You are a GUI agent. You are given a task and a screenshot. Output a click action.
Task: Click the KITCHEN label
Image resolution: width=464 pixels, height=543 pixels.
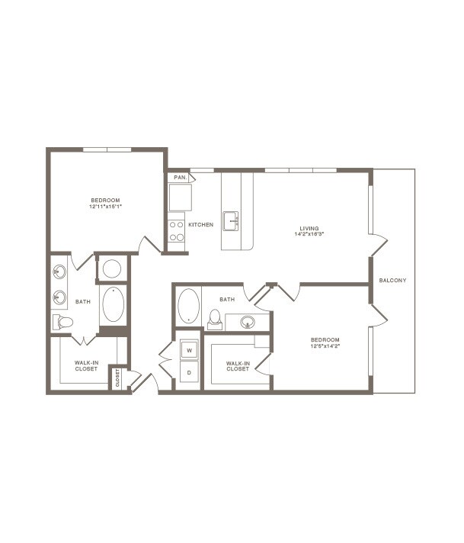click(201, 225)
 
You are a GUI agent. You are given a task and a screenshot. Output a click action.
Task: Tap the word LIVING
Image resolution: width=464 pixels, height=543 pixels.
click(309, 228)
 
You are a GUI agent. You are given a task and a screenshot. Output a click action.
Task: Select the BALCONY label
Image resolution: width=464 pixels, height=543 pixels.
click(392, 281)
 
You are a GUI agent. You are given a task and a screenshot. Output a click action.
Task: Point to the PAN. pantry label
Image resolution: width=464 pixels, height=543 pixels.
click(180, 178)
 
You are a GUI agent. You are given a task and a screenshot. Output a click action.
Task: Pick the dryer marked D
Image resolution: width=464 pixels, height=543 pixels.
click(189, 374)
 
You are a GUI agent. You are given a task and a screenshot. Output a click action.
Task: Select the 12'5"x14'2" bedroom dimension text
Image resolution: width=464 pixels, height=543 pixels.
click(325, 345)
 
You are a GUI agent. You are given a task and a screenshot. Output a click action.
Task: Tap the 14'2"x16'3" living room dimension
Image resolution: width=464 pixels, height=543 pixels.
click(309, 235)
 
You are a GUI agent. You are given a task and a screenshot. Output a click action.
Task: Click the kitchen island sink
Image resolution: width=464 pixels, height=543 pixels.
click(231, 221)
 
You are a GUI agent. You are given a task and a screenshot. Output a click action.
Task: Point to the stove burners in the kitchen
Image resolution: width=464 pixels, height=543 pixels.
click(176, 231)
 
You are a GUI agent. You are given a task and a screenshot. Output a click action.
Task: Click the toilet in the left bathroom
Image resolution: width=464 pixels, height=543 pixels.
click(63, 322)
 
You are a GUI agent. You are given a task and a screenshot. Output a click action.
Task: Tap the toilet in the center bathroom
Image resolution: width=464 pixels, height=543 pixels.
click(215, 319)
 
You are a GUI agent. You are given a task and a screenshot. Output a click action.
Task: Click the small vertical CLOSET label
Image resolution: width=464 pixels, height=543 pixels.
click(117, 378)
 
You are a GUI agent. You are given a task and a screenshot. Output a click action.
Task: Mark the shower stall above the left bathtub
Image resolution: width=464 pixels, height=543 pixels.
click(112, 268)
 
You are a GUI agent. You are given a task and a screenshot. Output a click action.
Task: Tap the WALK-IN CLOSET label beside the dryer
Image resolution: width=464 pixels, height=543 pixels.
click(238, 365)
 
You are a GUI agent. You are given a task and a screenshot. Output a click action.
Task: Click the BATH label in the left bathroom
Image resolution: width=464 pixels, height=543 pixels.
click(83, 302)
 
